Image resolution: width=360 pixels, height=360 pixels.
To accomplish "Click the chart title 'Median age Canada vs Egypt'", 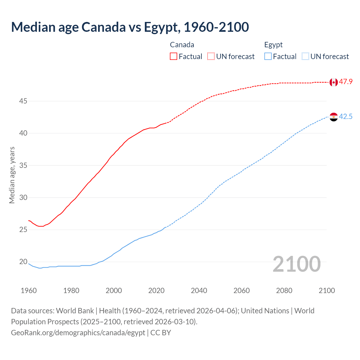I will (130, 27).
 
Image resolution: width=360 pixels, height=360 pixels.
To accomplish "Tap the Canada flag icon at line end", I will (334, 82).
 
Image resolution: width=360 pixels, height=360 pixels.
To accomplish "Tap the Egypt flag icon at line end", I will (334, 117).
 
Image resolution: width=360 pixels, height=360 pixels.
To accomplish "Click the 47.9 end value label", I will (346, 82).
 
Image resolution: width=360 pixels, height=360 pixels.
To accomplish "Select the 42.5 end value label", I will (346, 116).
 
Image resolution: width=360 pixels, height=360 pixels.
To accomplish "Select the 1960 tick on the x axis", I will (29, 291).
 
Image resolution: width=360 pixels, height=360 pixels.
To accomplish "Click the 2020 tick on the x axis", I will (156, 291).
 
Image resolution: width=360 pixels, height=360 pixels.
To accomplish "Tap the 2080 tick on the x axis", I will (284, 291).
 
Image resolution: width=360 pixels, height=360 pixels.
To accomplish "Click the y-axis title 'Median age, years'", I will (12, 175).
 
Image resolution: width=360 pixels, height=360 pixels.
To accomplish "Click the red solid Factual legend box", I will (174, 57).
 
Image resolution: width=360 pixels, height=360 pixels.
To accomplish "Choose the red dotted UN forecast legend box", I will (211, 57).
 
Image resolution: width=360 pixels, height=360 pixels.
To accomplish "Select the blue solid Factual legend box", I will (268, 57).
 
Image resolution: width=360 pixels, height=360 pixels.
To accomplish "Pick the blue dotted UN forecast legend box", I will (305, 57).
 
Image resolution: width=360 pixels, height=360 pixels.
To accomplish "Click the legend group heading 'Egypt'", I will (273, 45).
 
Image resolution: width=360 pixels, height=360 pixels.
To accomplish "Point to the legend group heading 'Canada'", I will (182, 45).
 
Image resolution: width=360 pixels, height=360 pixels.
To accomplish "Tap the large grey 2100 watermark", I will (296, 264).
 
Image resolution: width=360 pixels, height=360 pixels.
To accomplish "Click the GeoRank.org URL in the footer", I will (78, 333).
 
